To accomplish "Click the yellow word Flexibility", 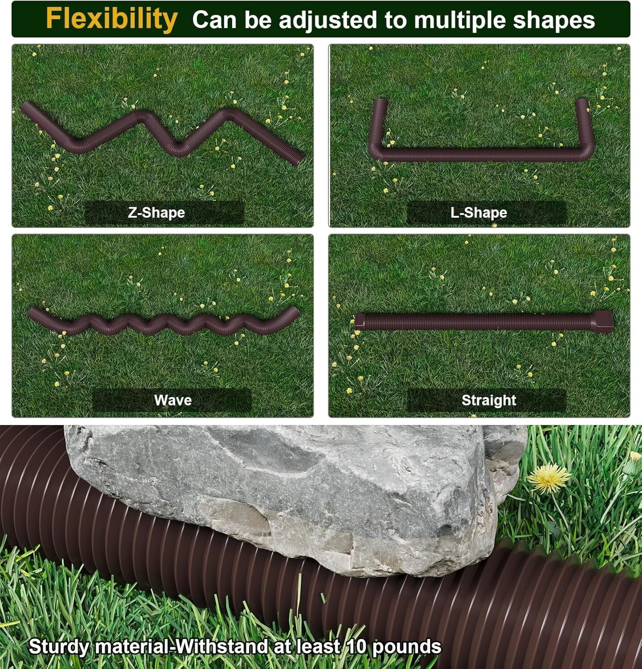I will click(111, 19).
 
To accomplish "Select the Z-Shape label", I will click(156, 212).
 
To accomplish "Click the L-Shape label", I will click(478, 212).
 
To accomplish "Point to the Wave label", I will click(173, 400).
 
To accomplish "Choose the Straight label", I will click(489, 400).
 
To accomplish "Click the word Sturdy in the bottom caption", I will click(59, 647).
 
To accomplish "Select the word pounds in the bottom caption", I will click(406, 647).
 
